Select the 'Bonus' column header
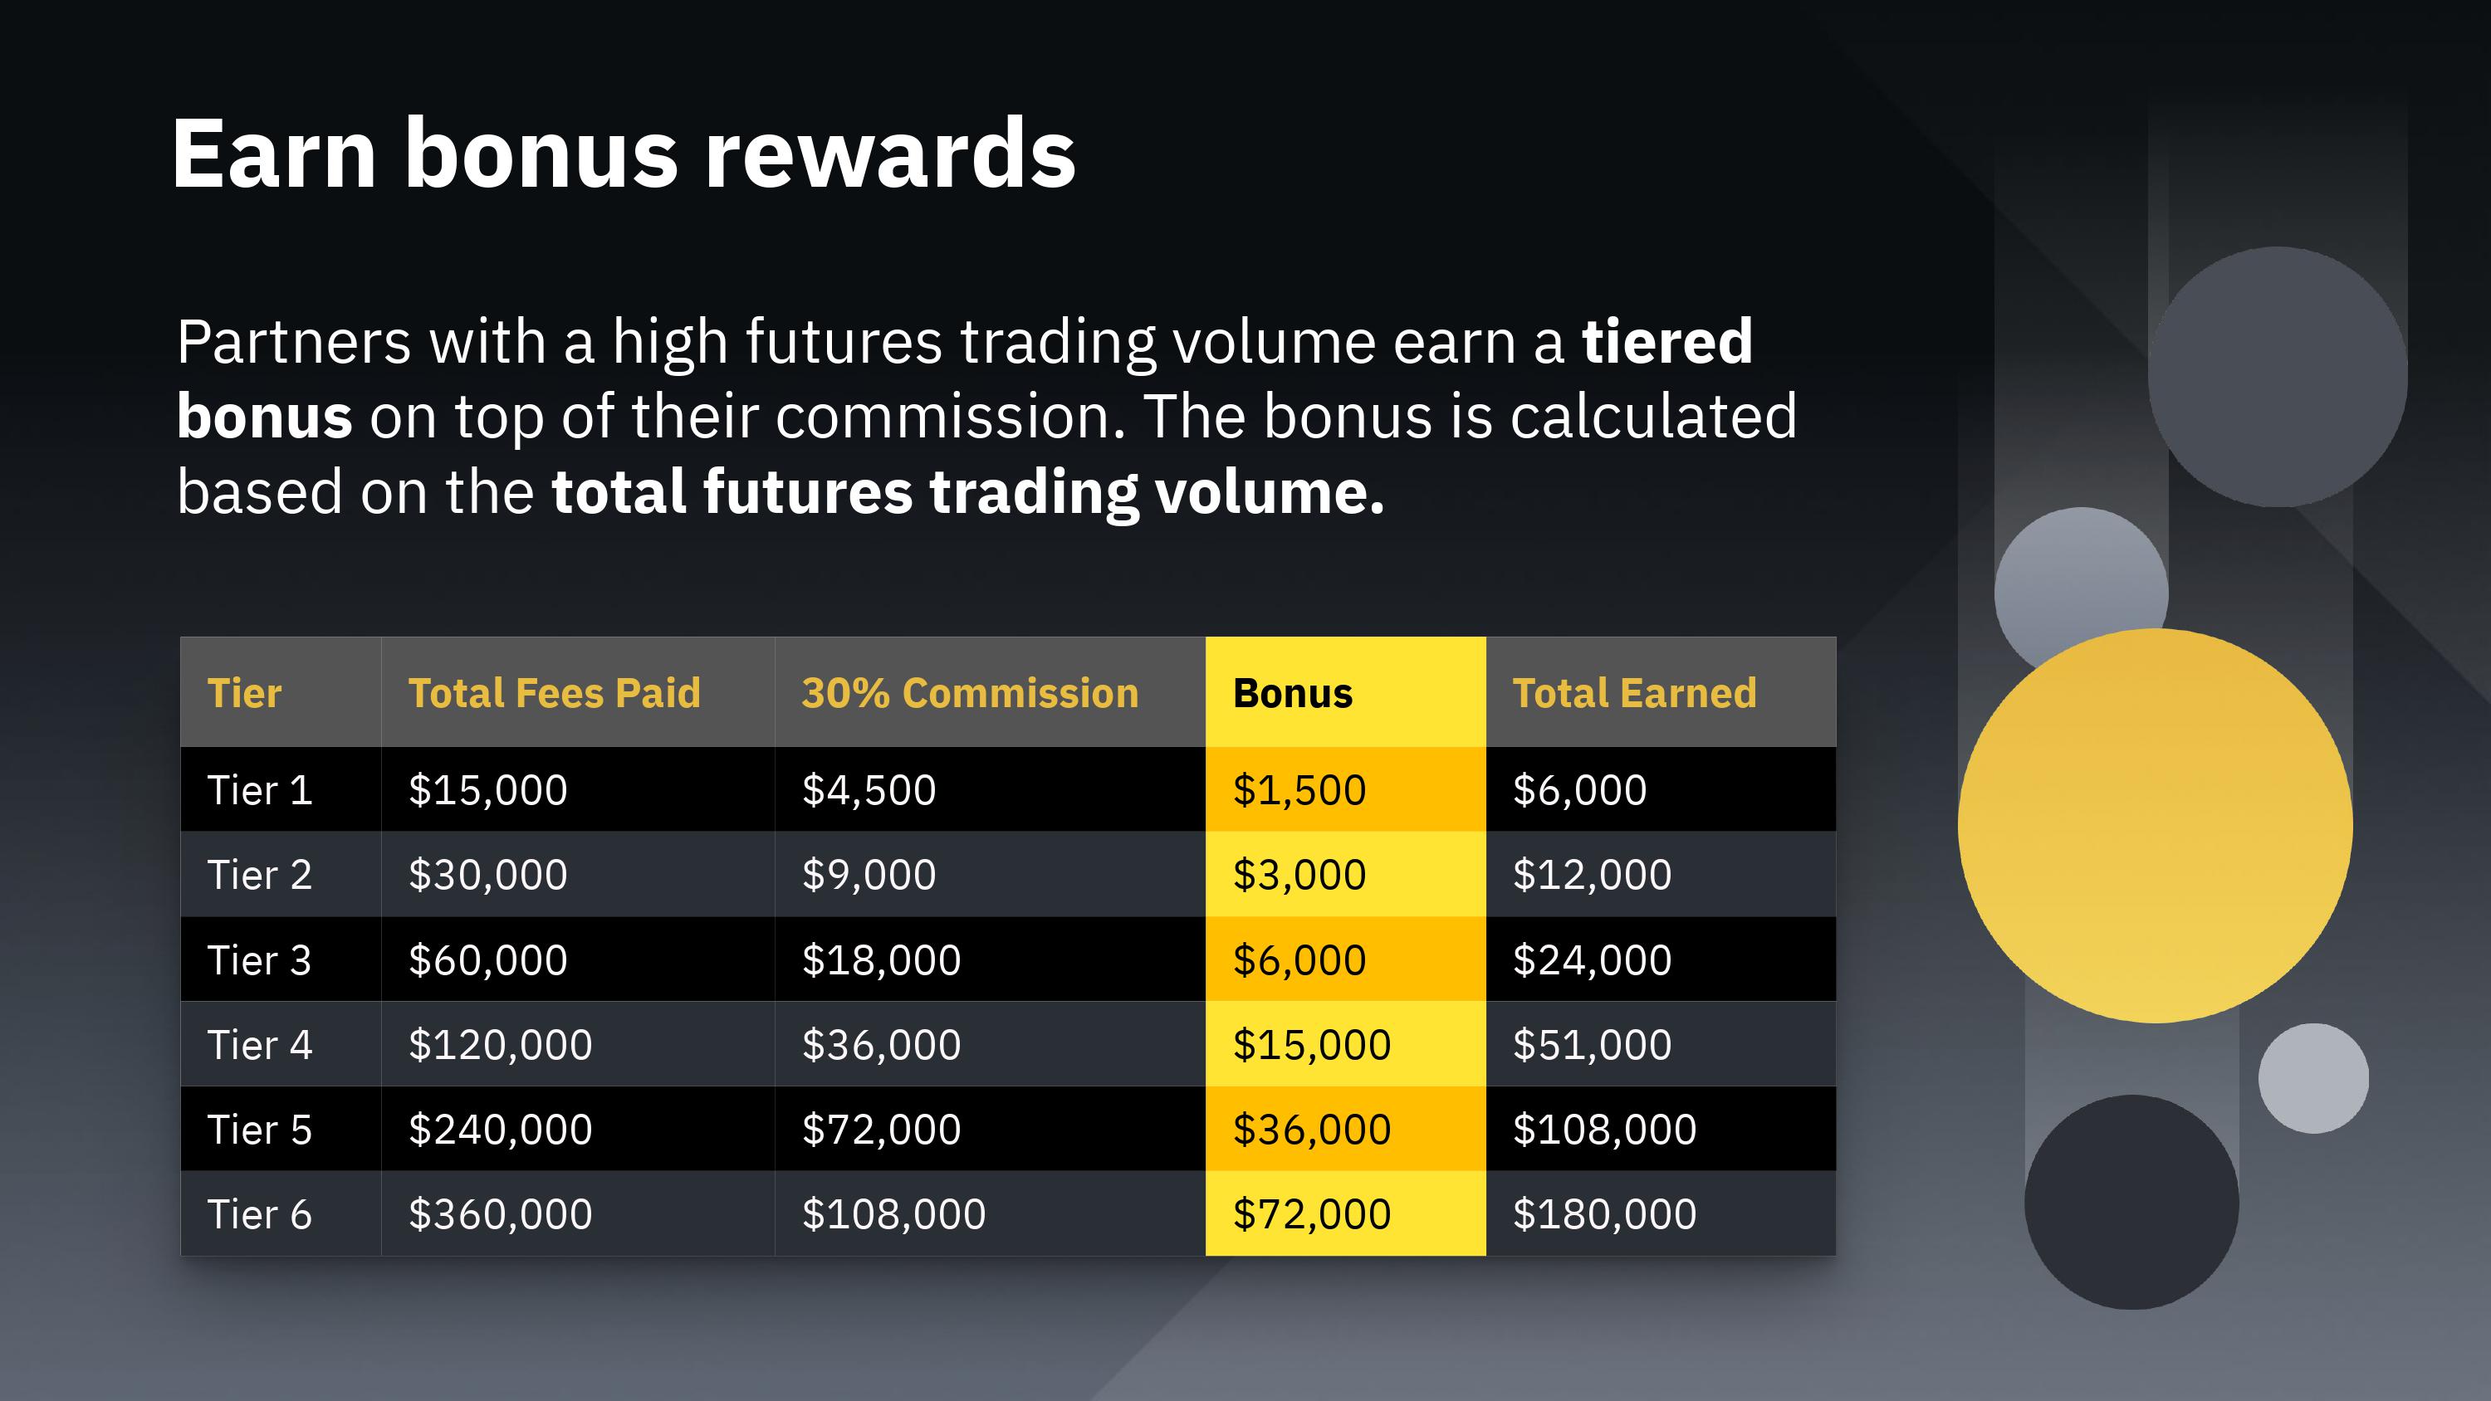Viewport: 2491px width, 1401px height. [1292, 693]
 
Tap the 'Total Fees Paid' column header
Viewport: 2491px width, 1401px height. [554, 693]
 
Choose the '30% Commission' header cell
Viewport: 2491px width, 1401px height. [970, 693]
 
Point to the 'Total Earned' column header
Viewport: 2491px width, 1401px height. [1634, 693]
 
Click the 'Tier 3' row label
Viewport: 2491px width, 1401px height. [259, 960]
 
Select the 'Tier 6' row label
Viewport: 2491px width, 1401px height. [259, 1214]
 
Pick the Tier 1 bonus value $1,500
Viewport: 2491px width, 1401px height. [1299, 790]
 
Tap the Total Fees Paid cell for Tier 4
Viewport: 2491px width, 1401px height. [500, 1045]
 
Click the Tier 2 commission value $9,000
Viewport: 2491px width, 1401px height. [869, 875]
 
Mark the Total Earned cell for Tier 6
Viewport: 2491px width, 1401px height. [1604, 1214]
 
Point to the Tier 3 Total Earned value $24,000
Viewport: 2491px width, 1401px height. [1592, 960]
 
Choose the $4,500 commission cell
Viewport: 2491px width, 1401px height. [869, 790]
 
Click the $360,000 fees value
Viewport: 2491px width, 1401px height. [500, 1214]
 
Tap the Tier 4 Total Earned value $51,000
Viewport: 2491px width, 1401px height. [1592, 1045]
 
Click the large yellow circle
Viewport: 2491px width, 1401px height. [2156, 826]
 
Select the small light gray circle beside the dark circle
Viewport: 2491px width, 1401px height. [2313, 1078]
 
